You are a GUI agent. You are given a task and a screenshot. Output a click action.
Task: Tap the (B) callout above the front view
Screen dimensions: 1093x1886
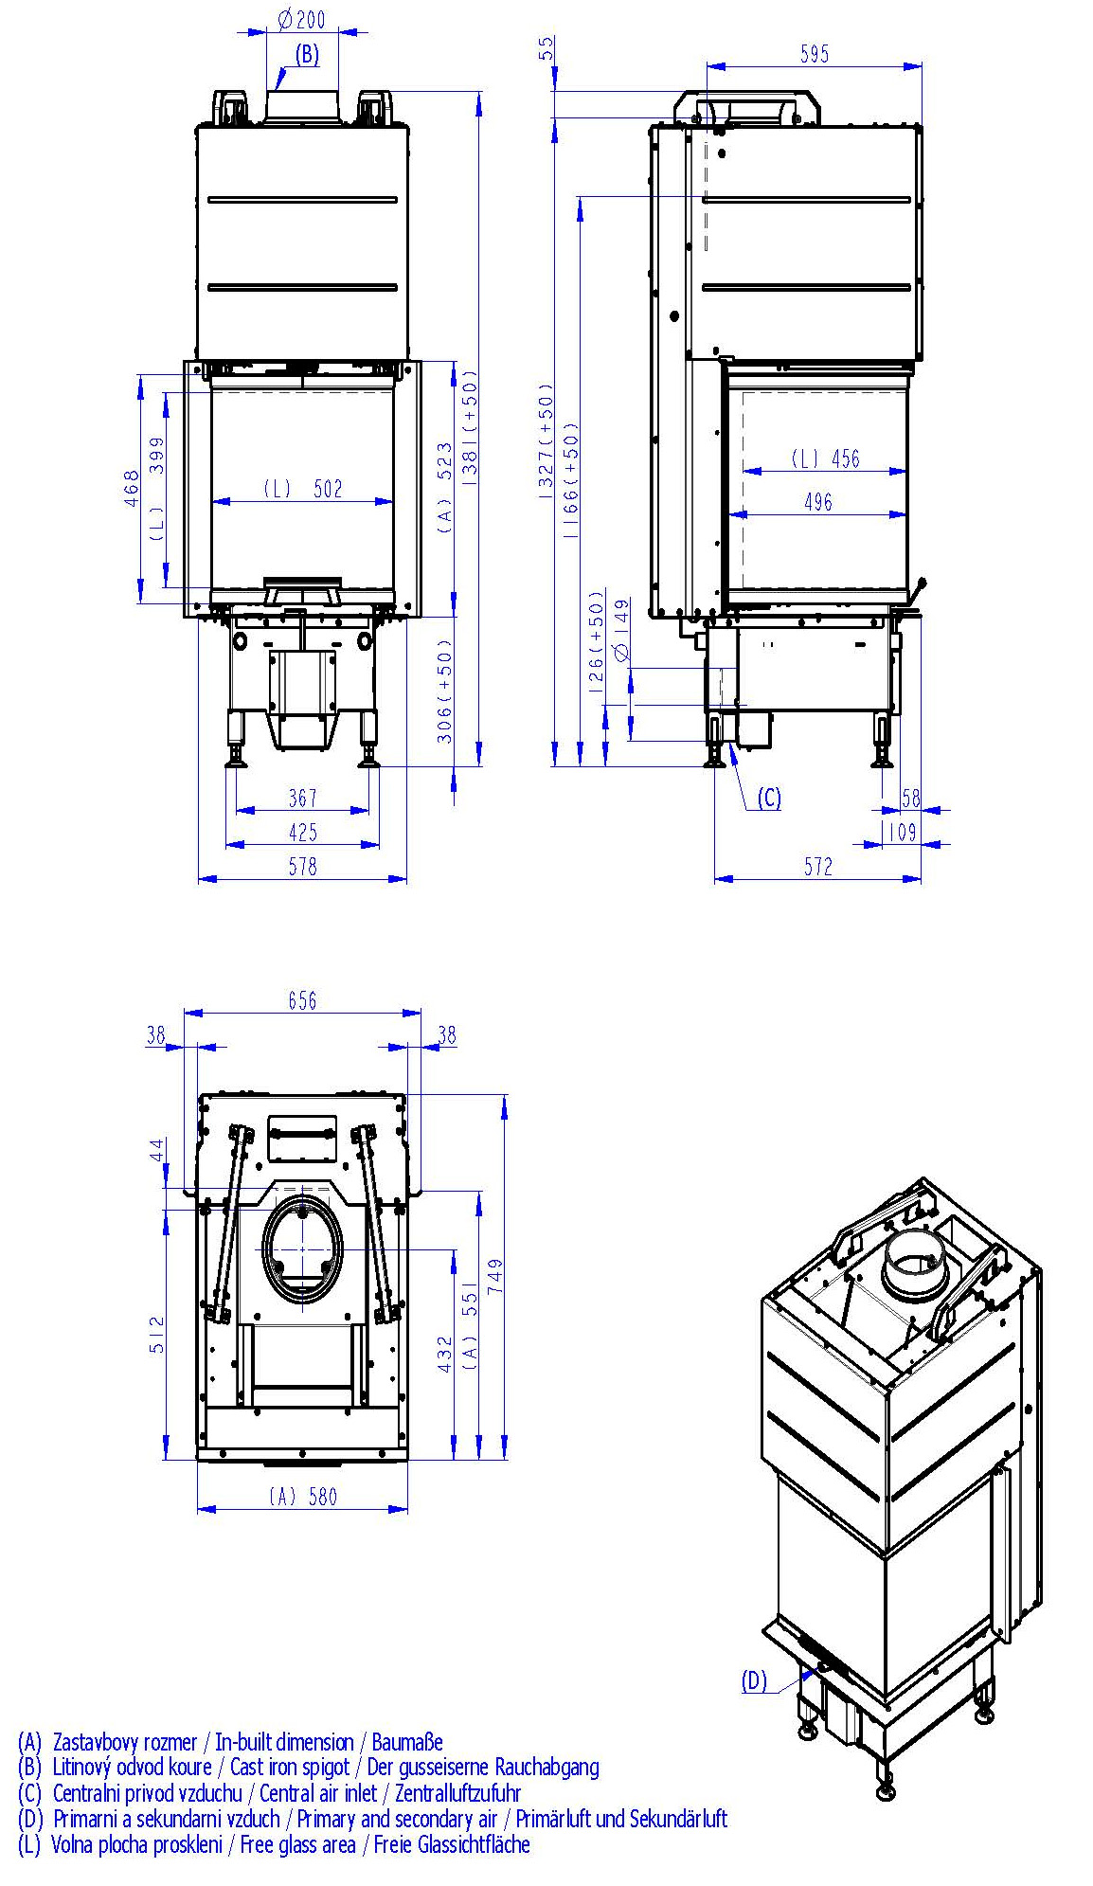pos(307,54)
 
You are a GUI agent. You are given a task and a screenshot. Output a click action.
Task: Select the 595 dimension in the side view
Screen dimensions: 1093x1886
pos(815,54)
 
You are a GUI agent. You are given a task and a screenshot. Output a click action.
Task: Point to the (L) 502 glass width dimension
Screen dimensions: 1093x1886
pos(302,489)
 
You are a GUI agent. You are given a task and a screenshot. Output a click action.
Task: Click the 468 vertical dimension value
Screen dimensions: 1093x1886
pos(133,489)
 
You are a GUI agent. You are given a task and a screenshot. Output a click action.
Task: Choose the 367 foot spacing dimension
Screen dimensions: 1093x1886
pos(303,799)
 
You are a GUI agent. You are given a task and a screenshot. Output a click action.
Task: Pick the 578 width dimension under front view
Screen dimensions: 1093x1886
pos(303,866)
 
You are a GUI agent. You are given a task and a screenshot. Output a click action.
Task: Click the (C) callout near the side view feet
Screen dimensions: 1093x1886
pos(769,799)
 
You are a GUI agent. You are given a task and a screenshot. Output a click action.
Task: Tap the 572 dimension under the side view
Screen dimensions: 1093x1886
pos(818,866)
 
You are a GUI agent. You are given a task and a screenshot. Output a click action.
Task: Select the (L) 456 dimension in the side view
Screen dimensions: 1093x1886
pos(826,458)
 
